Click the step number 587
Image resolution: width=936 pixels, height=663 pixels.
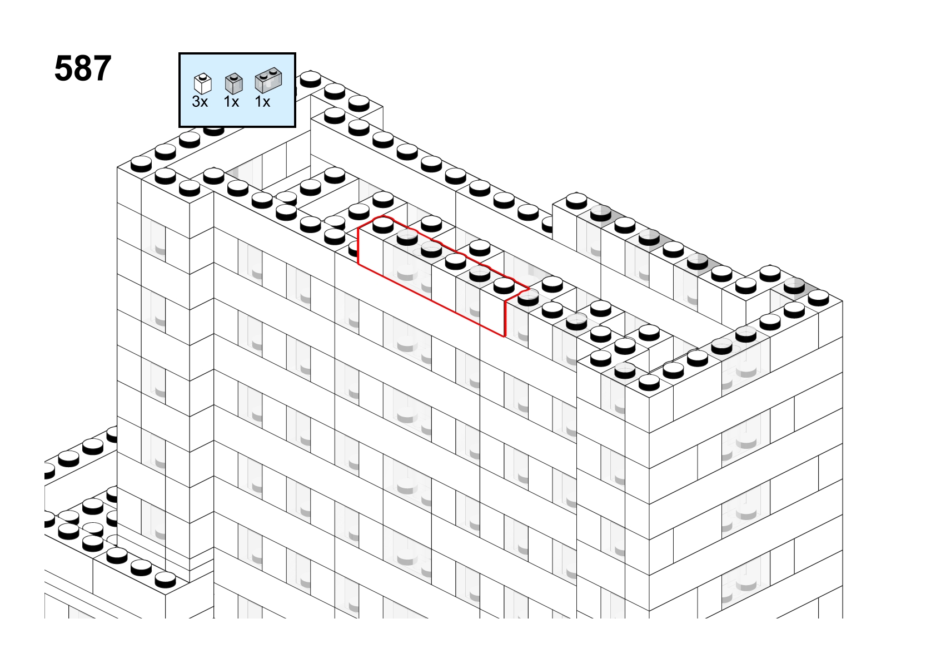click(x=83, y=68)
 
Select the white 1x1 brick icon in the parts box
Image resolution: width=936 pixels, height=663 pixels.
click(x=203, y=83)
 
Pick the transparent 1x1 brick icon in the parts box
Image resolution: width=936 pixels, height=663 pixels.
click(x=233, y=83)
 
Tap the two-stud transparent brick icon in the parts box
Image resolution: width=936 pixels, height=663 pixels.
click(x=268, y=80)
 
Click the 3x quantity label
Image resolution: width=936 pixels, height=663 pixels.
click(x=200, y=102)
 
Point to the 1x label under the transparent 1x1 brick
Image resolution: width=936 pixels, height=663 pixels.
click(x=231, y=102)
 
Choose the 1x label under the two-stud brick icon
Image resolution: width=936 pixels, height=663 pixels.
click(x=262, y=102)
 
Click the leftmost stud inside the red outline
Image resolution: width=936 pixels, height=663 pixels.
click(x=383, y=225)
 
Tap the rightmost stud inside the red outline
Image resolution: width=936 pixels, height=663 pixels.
click(x=504, y=285)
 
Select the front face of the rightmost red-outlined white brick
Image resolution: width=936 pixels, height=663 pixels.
click(x=492, y=312)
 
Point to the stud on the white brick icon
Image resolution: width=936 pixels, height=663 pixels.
click(x=203, y=77)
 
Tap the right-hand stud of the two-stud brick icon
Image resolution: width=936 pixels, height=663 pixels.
click(x=275, y=71)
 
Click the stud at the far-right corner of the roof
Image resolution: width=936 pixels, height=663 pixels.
click(x=818, y=298)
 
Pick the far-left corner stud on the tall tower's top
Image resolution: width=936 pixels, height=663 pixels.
click(x=141, y=164)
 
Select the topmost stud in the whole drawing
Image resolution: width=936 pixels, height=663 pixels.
click(x=311, y=78)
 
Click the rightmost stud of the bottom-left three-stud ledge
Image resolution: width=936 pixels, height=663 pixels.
click(x=165, y=580)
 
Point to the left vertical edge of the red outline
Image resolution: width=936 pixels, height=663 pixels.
click(x=358, y=246)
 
